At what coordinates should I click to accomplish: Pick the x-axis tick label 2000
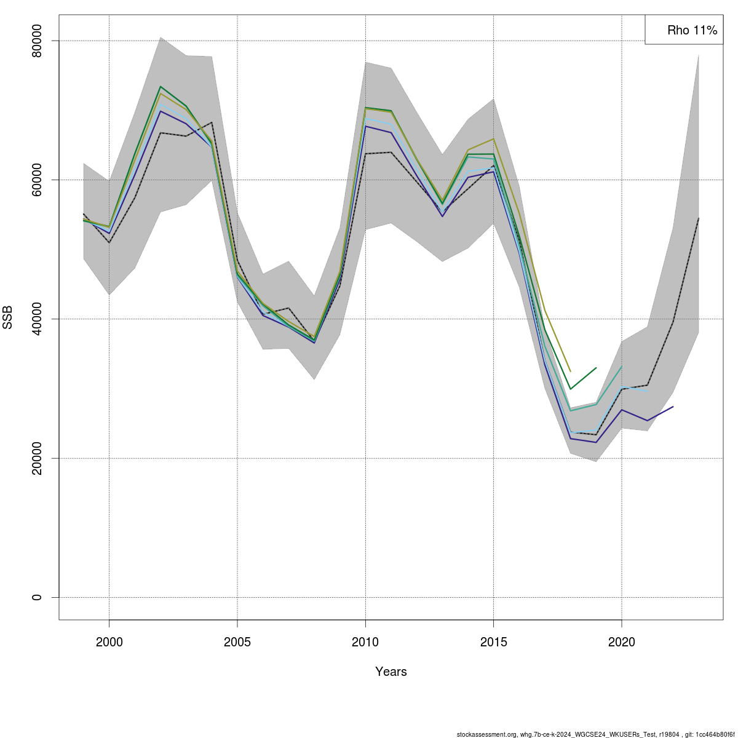tap(109, 643)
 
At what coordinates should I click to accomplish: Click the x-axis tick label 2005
tap(237, 643)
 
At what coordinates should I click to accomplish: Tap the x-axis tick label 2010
tap(365, 643)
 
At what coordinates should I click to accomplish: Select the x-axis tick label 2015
tap(493, 643)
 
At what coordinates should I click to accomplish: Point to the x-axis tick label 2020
tap(622, 643)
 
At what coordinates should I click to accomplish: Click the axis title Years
tap(391, 672)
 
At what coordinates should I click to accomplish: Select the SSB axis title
tap(8, 319)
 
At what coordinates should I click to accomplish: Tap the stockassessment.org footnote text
tap(595, 734)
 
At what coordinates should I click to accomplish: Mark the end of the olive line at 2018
tap(571, 371)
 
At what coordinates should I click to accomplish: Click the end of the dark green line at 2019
tap(596, 368)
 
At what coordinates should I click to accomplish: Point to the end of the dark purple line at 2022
tap(673, 407)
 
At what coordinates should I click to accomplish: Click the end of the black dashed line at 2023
tap(699, 218)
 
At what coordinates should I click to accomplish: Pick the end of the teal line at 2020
tap(622, 367)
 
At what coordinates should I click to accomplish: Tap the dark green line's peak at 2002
tap(161, 87)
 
